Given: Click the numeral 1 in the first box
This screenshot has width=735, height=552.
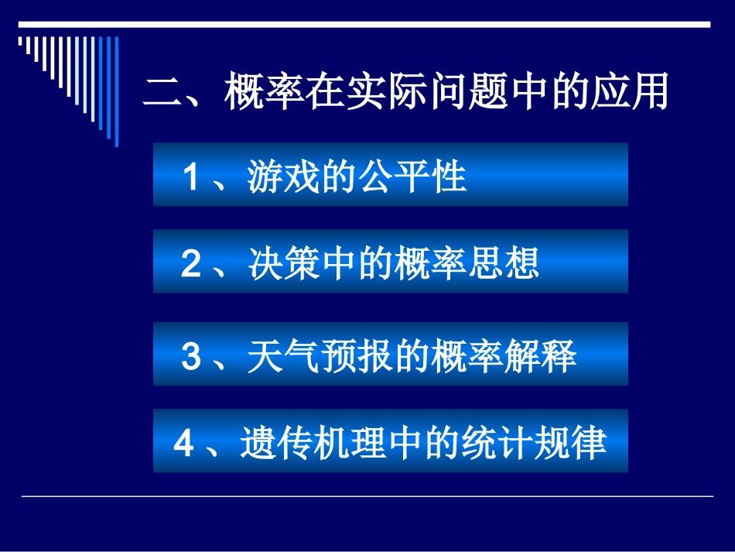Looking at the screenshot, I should pyautogui.click(x=191, y=178).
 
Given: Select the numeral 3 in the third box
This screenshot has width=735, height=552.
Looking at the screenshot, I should pyautogui.click(x=191, y=358).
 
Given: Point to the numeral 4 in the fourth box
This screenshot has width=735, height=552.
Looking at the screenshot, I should pyautogui.click(x=183, y=445).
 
